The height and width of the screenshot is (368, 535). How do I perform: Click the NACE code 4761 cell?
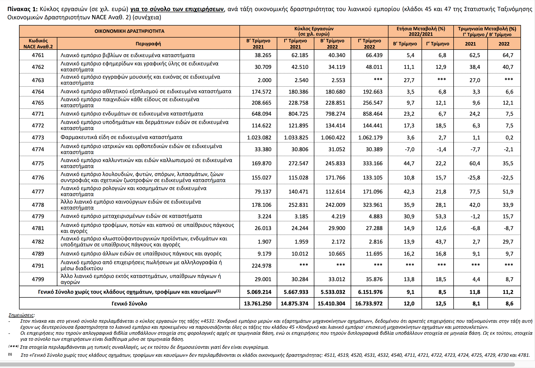[38, 55]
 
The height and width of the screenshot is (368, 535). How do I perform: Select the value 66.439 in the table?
[374, 55]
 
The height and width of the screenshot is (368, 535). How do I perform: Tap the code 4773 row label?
[38, 137]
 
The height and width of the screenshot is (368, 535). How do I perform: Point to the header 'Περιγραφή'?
[148, 44]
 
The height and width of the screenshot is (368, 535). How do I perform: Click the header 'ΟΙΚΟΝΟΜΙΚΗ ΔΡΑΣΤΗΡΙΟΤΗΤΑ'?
[129, 31]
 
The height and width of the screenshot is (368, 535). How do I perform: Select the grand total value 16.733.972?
[369, 304]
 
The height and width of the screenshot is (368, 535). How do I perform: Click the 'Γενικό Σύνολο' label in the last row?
[129, 304]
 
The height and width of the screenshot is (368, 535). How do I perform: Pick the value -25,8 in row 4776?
[474, 177]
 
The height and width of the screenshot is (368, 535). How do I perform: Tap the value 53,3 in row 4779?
[441, 216]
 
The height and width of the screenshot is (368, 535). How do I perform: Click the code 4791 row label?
[38, 266]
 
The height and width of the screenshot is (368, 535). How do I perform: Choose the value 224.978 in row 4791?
[261, 266]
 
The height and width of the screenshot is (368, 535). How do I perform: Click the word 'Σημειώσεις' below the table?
[21, 315]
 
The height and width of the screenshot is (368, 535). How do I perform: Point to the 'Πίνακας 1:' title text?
[23, 9]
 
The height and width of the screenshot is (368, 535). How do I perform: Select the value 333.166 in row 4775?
[373, 163]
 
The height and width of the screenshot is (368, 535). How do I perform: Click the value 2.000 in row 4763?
[264, 80]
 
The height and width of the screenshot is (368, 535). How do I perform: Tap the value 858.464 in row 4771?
[373, 114]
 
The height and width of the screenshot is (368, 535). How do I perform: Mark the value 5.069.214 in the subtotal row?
[259, 292]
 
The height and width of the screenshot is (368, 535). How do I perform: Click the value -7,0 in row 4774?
[410, 149]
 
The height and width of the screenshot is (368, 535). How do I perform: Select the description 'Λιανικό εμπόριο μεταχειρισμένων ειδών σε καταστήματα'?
[131, 216]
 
